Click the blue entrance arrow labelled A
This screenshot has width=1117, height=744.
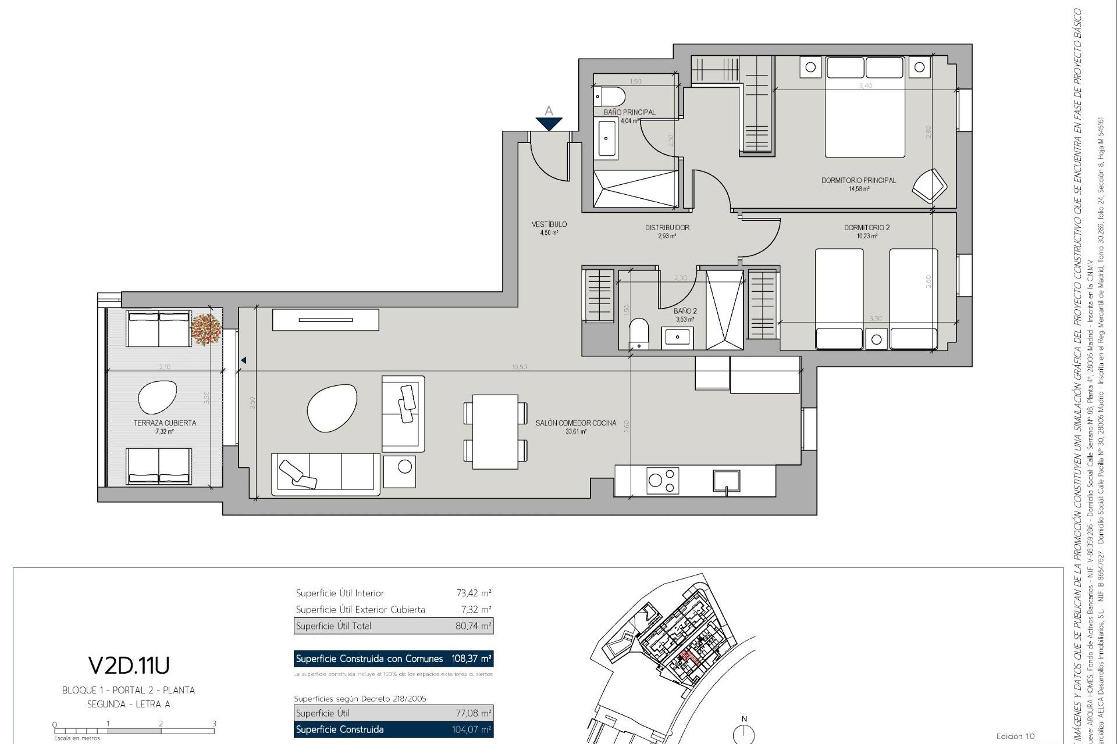(x=549, y=123)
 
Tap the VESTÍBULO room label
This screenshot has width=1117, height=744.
(x=549, y=224)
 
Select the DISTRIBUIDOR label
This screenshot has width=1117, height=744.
(x=667, y=228)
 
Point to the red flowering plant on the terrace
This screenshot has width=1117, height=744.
(x=207, y=330)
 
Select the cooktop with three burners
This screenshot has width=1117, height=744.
(x=664, y=481)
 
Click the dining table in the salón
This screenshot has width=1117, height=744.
(x=495, y=431)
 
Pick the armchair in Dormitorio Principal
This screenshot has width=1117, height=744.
(x=929, y=185)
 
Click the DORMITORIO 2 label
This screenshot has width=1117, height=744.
(x=866, y=228)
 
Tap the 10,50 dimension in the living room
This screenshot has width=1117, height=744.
(x=520, y=367)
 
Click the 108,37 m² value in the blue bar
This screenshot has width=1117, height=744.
(x=471, y=659)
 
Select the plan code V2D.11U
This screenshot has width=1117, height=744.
(x=129, y=665)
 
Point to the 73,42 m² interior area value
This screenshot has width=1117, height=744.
(x=474, y=593)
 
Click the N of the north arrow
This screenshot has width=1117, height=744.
(x=744, y=719)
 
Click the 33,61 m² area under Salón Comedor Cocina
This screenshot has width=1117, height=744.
(x=575, y=432)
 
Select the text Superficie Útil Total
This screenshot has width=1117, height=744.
(x=333, y=626)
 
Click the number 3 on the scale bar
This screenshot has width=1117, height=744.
(x=214, y=724)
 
